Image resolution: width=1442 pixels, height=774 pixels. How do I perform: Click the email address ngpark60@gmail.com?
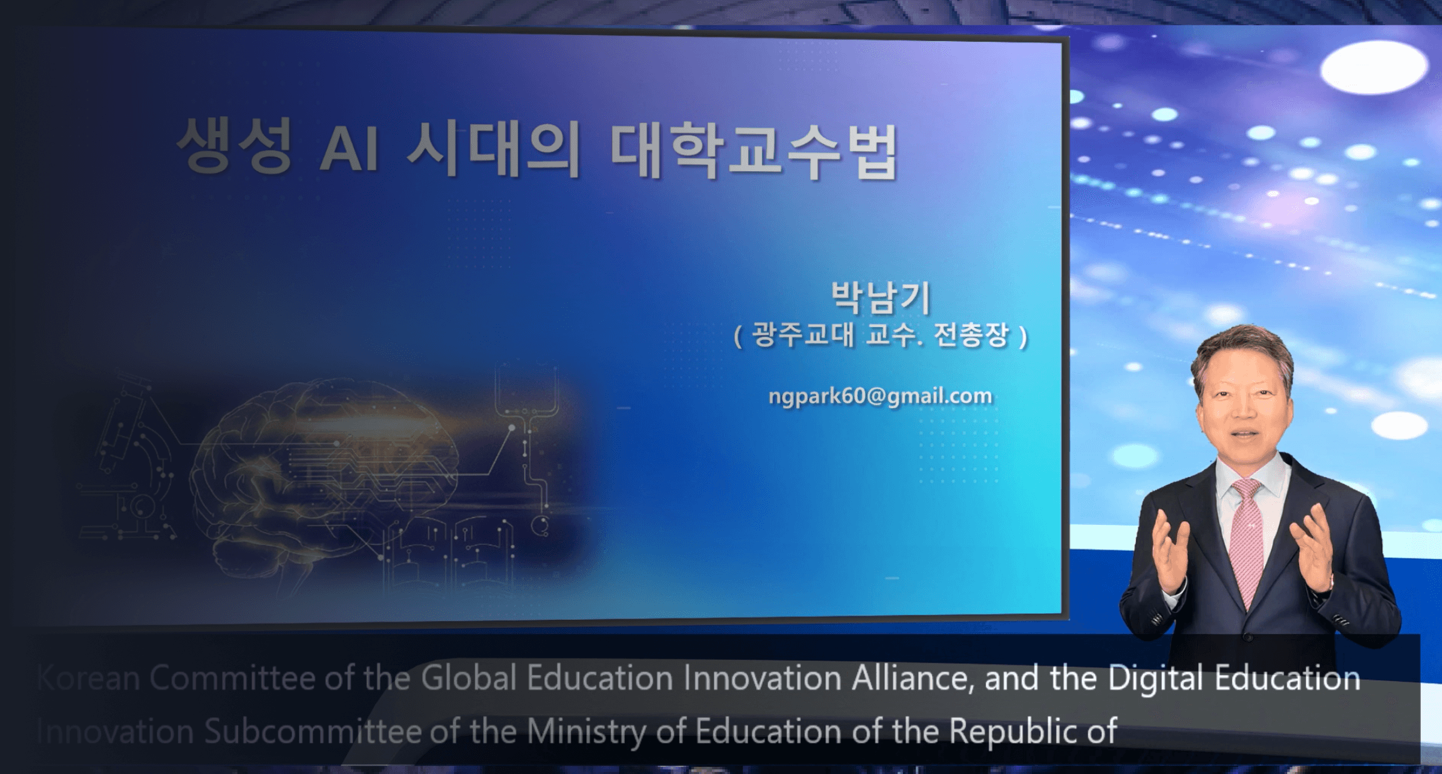[x=880, y=396]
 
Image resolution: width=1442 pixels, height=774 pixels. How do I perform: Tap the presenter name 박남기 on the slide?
[x=881, y=298]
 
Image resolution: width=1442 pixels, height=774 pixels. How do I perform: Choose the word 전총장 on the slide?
[x=971, y=335]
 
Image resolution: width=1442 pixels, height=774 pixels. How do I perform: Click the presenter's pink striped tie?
[x=1246, y=538]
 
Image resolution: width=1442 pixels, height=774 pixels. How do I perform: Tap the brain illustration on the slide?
[x=327, y=472]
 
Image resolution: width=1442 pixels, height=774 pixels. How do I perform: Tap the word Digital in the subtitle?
[x=1155, y=678]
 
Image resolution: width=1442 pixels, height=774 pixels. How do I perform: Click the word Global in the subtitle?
[x=468, y=678]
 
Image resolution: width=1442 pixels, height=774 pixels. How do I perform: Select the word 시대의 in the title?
[x=493, y=149]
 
